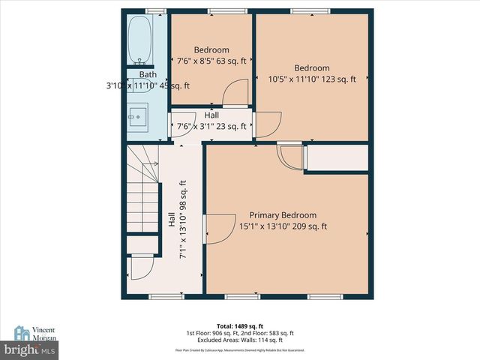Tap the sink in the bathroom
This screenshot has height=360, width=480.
pyautogui.click(x=138, y=116)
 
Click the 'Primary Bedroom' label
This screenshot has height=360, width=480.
pyautogui.click(x=283, y=214)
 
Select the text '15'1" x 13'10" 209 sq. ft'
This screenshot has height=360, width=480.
pyautogui.click(x=283, y=226)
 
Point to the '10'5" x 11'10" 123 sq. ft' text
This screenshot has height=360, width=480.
pyautogui.click(x=311, y=79)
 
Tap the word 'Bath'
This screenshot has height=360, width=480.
pyautogui.click(x=148, y=74)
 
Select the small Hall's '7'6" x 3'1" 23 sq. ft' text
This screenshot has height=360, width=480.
pyautogui.click(x=211, y=127)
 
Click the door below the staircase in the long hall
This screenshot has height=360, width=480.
pyautogui.click(x=141, y=267)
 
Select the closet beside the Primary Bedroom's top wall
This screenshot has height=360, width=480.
pyautogui.click(x=337, y=159)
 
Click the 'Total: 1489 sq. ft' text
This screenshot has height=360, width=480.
pyautogui.click(x=240, y=326)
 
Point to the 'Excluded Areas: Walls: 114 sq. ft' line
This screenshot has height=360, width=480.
pyautogui.click(x=240, y=340)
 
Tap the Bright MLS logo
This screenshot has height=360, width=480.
pyautogui.click(x=29, y=350)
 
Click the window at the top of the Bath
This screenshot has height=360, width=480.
pyautogui.click(x=155, y=10)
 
